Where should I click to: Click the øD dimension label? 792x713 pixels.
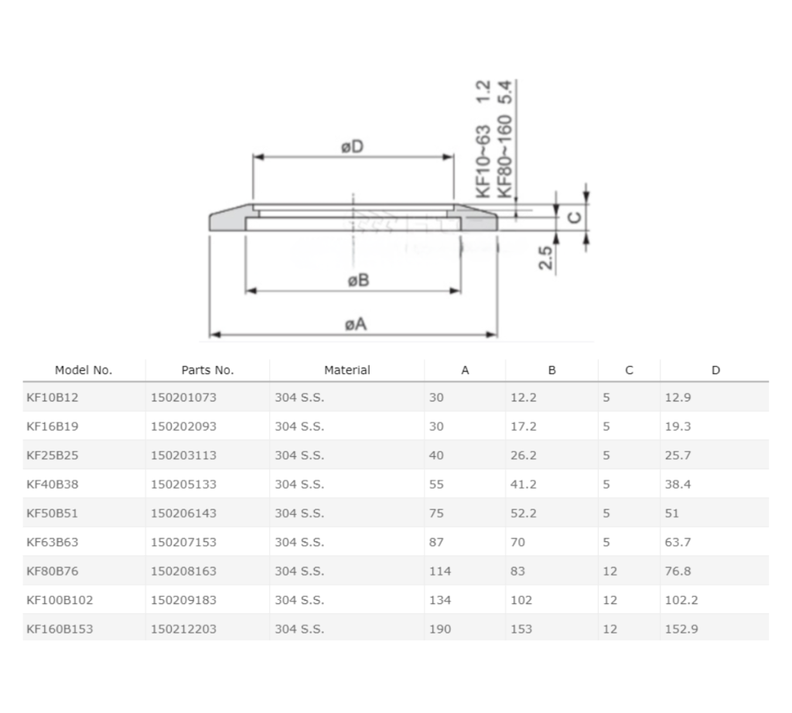(x=353, y=146)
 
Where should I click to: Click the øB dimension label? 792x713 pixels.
(x=357, y=280)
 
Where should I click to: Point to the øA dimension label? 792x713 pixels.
(x=355, y=324)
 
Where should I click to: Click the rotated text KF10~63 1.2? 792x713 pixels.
(x=484, y=139)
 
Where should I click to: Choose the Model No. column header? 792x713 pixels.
(x=84, y=370)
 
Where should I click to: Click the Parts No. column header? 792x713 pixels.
(x=207, y=370)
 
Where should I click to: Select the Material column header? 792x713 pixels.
(x=346, y=370)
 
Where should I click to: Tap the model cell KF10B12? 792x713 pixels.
(x=53, y=397)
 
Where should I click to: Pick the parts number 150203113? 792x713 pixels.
(x=183, y=455)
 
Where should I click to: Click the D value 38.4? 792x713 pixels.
(x=678, y=484)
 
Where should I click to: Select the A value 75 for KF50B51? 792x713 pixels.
(x=436, y=513)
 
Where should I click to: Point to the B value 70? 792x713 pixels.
(x=517, y=542)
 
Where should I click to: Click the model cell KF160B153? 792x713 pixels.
(x=60, y=629)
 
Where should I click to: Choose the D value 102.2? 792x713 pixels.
(x=681, y=600)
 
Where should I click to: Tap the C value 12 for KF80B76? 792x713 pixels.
(x=609, y=571)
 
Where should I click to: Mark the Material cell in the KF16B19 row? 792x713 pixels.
(x=299, y=426)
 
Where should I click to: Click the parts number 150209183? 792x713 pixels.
(x=183, y=600)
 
